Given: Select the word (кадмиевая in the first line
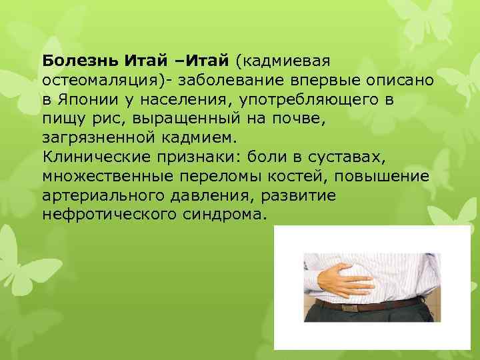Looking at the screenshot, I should [281, 62].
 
